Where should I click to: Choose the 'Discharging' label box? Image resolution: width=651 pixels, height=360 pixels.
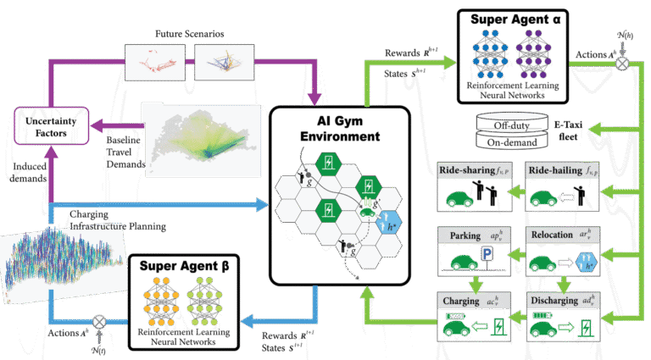pos(559,300)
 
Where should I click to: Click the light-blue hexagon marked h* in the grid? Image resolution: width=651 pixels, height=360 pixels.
pos(391,225)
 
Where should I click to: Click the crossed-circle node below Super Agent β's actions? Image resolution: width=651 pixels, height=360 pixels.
pos(99,322)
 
